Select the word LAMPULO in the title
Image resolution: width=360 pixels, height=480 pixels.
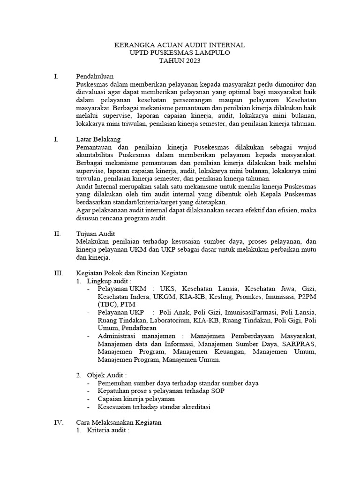pyautogui.click(x=210, y=53)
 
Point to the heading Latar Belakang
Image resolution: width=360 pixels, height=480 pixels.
pyautogui.click(x=98, y=139)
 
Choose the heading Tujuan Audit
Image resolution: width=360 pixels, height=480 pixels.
pyautogui.click(x=96, y=233)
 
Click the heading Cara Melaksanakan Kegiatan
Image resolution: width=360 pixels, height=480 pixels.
pyautogui.click(x=119, y=422)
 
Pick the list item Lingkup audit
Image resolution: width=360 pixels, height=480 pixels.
pyautogui.click(x=107, y=281)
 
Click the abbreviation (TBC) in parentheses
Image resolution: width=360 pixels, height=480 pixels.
pyautogui.click(x=107, y=304)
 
